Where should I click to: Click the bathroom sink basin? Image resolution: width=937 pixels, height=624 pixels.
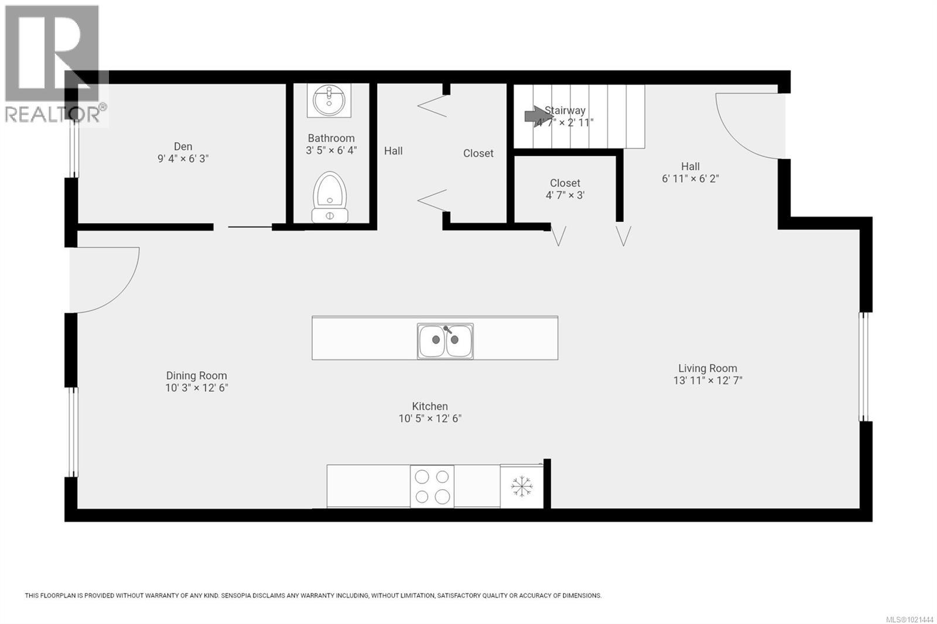tap(329, 100)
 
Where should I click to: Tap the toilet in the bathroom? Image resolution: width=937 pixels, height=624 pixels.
tap(330, 197)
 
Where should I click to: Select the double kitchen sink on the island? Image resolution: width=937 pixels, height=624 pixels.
tap(445, 341)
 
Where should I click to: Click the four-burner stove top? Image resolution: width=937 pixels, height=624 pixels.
tap(432, 486)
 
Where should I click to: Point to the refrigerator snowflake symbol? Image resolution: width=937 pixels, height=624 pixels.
tap(521, 486)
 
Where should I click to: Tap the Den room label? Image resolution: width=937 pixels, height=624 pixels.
tap(183, 146)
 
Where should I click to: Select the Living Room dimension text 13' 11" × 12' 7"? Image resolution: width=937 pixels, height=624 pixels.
tap(707, 380)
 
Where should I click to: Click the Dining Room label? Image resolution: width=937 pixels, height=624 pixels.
tap(196, 376)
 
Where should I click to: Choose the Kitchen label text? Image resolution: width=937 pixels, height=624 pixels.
tap(430, 406)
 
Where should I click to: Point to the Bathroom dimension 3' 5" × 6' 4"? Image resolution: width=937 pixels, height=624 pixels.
tap(331, 150)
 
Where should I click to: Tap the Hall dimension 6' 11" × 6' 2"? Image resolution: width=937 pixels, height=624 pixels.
tap(690, 179)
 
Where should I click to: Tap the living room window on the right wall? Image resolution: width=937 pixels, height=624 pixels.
tap(863, 366)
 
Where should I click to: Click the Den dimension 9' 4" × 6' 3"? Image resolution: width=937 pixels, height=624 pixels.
tap(183, 159)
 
